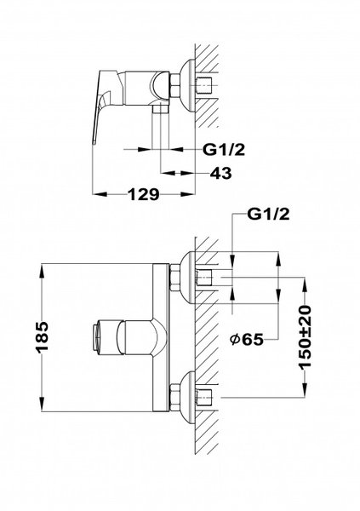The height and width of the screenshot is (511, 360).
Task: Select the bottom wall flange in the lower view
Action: tap(188, 397)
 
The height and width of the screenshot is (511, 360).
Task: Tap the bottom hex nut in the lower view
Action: tap(174, 397)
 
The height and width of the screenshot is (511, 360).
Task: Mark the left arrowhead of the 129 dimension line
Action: tap(94, 195)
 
